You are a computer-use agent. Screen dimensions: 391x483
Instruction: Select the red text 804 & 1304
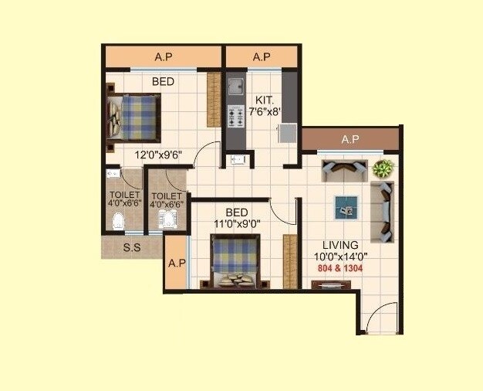point(339,268)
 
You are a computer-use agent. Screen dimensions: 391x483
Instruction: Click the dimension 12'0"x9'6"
point(157,155)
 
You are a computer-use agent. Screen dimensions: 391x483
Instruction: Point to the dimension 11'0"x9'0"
point(236,223)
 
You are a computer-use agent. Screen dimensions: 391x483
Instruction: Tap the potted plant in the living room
point(383,168)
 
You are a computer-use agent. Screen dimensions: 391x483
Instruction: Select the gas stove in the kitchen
point(235,117)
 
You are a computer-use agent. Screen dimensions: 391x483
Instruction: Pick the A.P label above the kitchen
point(261,56)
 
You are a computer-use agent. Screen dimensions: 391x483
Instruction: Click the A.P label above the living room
point(350,139)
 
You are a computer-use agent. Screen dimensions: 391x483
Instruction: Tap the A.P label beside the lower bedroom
point(177,263)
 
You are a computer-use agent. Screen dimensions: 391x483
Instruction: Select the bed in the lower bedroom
point(235,261)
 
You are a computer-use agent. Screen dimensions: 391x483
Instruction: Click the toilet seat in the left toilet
point(118,222)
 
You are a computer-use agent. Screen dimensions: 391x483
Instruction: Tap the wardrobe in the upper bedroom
point(213,100)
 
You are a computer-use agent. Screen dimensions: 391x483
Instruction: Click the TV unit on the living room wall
point(330,284)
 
